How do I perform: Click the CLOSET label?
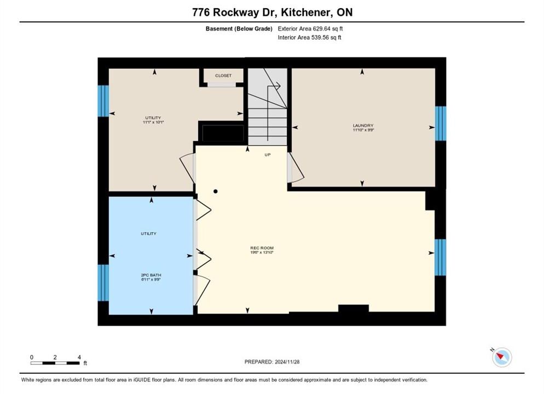[x=223, y=76]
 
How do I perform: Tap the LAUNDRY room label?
[x=363, y=125]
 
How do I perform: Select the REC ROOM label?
[x=262, y=248]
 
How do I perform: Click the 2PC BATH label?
[x=151, y=275]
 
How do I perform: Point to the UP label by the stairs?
[x=268, y=155]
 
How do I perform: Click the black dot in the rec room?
[x=216, y=192]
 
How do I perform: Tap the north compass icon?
[x=502, y=357]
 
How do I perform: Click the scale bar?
[x=55, y=363]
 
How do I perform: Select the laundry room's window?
[x=441, y=124]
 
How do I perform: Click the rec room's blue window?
[x=440, y=257]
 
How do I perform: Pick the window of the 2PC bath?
[x=103, y=283]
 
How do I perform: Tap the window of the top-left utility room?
[x=103, y=101]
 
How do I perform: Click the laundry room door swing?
[x=296, y=168]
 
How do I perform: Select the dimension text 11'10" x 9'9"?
[x=363, y=130]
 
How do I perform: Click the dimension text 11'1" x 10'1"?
[x=153, y=123]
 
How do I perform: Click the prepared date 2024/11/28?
[x=287, y=362]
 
